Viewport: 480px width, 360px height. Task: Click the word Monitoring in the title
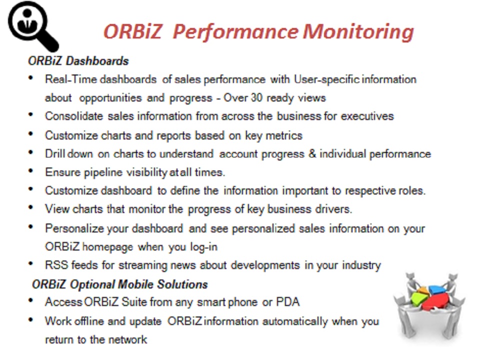point(358,32)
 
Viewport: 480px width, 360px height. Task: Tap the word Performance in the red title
point(235,32)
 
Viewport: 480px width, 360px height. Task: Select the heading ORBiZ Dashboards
point(78,61)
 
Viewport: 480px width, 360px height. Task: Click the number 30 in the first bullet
point(257,97)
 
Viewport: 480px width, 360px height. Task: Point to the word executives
point(367,116)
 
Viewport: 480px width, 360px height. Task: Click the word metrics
point(284,135)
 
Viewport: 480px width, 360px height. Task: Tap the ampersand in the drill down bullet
point(312,153)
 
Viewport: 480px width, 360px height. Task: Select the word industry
point(361,265)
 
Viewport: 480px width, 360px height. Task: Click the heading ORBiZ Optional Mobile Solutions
point(119,284)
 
